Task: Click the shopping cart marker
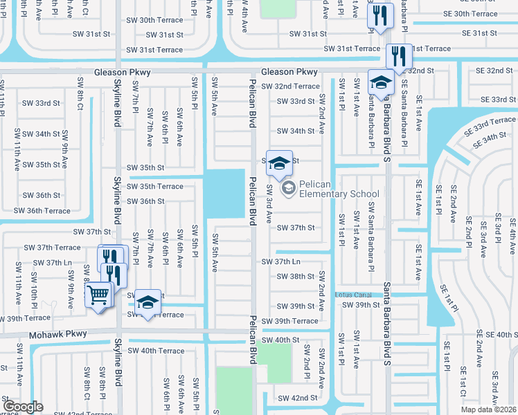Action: pos(98,295)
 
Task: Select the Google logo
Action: pos(23,407)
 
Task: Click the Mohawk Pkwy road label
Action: pos(58,334)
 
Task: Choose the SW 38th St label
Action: pos(296,276)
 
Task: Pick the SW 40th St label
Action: pos(280,340)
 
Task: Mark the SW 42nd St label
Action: pos(297,398)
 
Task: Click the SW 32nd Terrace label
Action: pos(290,86)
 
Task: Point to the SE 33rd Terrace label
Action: pos(490,124)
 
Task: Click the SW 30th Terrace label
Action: pos(161,20)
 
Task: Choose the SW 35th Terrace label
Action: pos(155,187)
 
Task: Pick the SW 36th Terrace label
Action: pos(42,211)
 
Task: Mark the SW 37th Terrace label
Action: pos(52,247)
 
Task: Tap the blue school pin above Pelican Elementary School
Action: pos(279,163)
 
